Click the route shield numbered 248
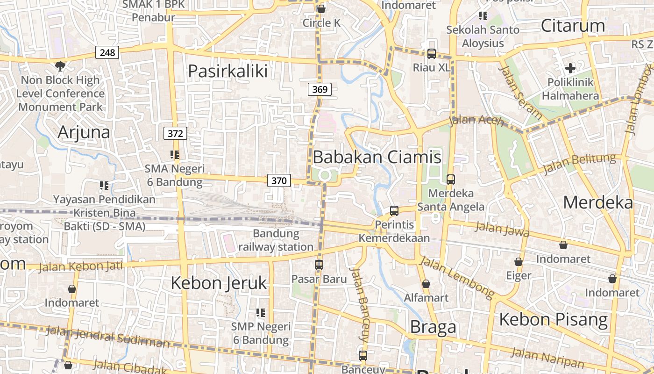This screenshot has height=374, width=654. click(107, 52)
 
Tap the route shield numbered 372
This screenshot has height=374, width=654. click(175, 133)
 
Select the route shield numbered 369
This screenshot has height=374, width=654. click(320, 89)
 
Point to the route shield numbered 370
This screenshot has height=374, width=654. click(279, 180)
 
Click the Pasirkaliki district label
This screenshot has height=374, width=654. click(227, 71)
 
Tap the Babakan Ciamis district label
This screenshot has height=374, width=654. click(377, 157)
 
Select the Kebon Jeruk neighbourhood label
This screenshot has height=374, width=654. click(219, 283)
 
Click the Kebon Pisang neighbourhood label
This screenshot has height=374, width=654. click(554, 319)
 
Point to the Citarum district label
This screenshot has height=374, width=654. click(573, 26)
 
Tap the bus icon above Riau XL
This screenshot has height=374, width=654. click(431, 54)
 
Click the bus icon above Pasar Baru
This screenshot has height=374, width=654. click(319, 265)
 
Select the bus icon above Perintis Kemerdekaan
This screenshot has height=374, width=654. click(394, 211)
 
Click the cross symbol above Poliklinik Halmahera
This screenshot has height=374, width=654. click(570, 69)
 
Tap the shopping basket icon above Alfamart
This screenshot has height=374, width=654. click(426, 284)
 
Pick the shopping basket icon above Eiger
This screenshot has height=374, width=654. click(519, 262)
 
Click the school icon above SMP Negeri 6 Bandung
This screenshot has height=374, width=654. click(261, 312)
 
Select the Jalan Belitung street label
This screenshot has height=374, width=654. click(580, 164)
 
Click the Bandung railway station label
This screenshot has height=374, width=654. click(276, 240)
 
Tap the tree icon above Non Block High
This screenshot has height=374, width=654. click(60, 66)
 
